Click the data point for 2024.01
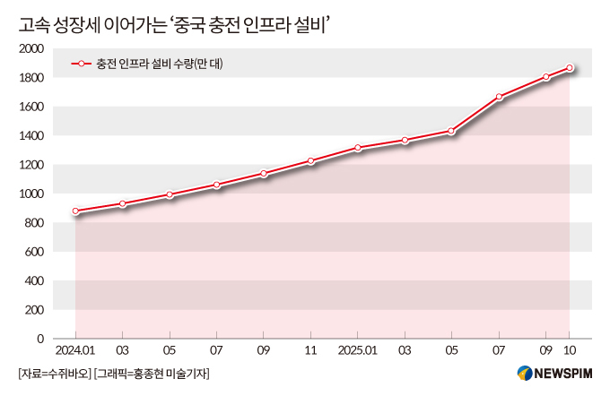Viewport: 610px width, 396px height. click(x=75, y=211)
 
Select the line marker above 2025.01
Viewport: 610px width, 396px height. click(x=358, y=148)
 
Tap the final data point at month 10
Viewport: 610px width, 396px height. click(x=569, y=67)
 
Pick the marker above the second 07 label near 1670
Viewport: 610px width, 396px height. click(x=499, y=97)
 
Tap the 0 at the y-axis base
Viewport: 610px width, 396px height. click(x=40, y=339)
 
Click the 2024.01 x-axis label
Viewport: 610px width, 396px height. click(x=75, y=350)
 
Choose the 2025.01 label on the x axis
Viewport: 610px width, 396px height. click(x=358, y=350)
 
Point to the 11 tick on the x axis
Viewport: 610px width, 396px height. click(x=310, y=350)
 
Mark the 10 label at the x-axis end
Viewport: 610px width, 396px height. click(x=569, y=350)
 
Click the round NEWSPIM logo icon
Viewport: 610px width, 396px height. click(x=524, y=374)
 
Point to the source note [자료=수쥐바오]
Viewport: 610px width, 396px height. click(x=52, y=374)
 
